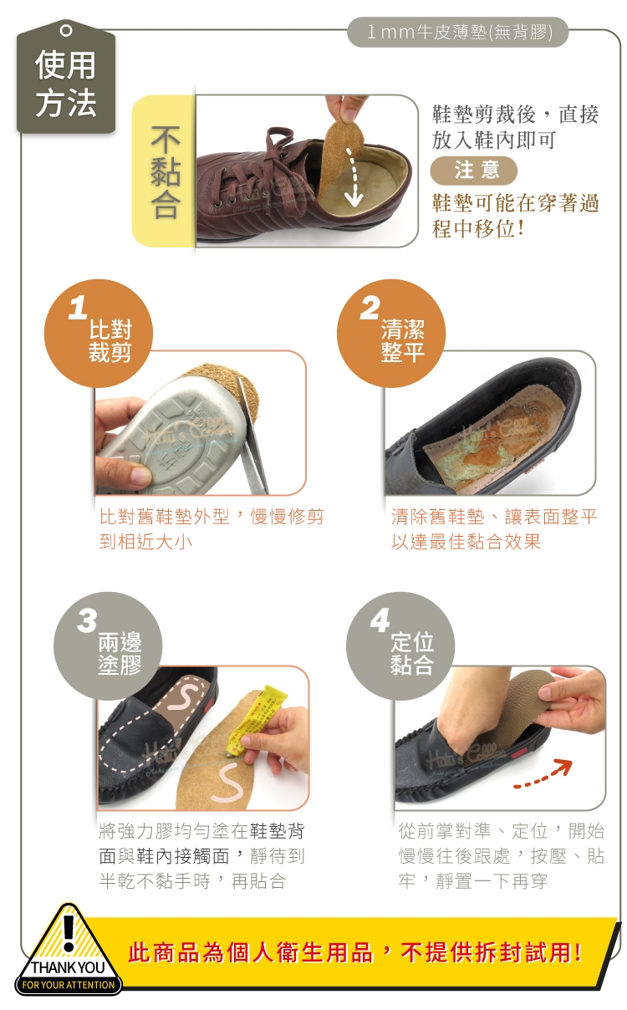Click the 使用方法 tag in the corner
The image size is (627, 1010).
(66, 78)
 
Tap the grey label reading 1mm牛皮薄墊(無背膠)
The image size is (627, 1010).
(458, 32)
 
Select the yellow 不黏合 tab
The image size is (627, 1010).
(164, 171)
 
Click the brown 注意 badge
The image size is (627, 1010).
(474, 171)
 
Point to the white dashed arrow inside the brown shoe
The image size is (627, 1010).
(354, 178)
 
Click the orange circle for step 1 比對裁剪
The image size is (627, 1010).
(99, 334)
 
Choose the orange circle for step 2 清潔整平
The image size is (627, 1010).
(391, 334)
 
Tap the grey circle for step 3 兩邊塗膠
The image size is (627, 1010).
(108, 646)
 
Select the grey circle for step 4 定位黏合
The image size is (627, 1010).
(400, 646)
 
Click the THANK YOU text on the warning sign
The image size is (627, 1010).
(68, 967)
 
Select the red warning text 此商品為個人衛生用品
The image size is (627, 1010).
(251, 953)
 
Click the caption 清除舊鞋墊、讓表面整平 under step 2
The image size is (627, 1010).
(494, 517)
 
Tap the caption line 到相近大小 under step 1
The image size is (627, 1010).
(145, 542)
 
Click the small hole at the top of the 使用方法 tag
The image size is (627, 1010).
(66, 30)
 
